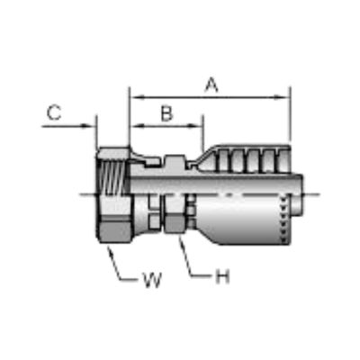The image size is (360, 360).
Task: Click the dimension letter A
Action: click(x=211, y=85)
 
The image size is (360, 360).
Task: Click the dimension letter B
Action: click(x=166, y=114)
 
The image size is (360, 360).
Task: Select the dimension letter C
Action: click(x=54, y=113)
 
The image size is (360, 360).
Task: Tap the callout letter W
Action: click(x=153, y=280)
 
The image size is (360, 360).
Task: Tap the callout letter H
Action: click(x=222, y=276)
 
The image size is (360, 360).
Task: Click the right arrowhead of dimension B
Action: click(x=195, y=126)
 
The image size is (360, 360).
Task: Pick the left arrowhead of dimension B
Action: click(x=137, y=126)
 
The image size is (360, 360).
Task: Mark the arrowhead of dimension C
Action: click(x=89, y=126)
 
